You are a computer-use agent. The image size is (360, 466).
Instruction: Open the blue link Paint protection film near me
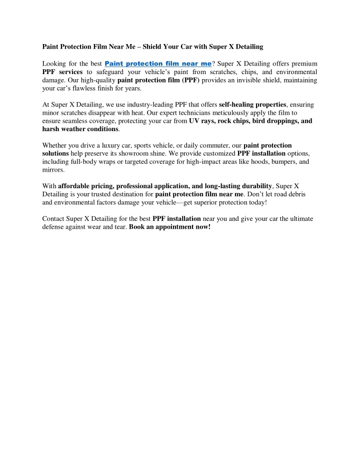tap(158, 64)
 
